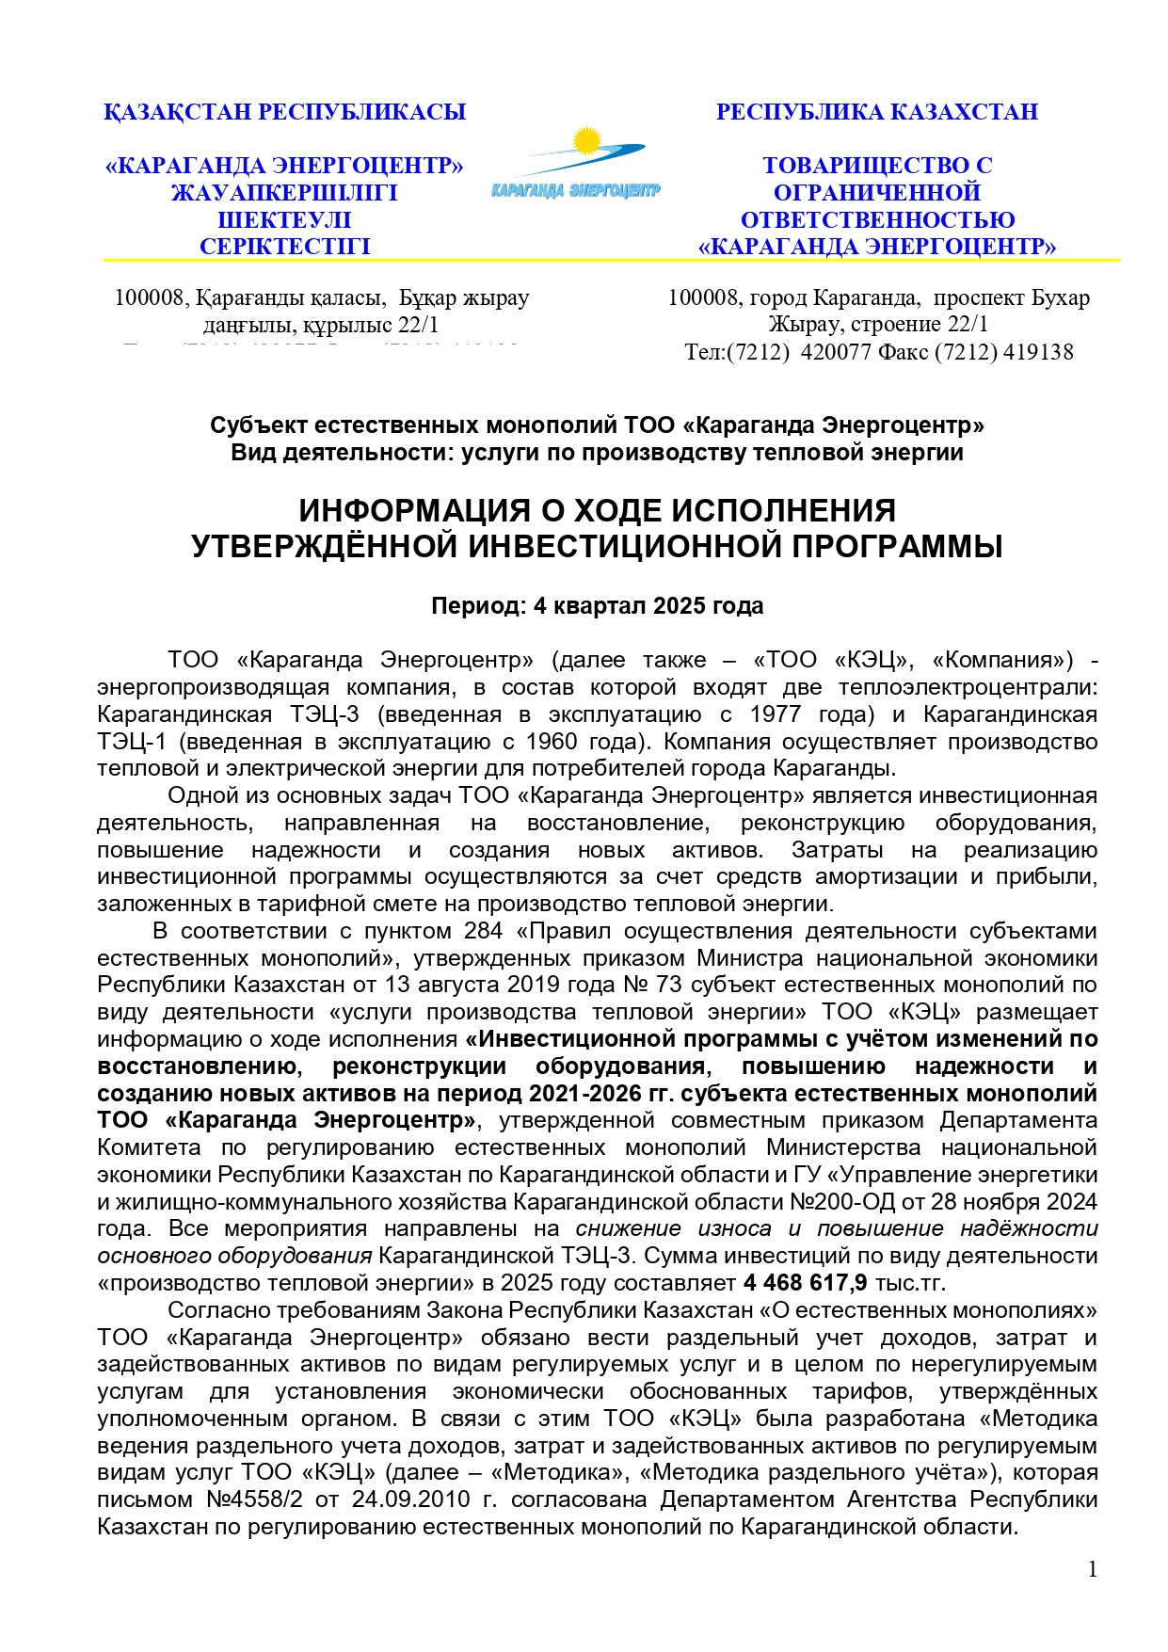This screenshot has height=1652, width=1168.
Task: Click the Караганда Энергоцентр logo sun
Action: pos(586,142)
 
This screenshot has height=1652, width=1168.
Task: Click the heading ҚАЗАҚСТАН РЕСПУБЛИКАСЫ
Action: pos(284,112)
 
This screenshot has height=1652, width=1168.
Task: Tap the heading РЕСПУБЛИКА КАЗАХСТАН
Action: pos(876,112)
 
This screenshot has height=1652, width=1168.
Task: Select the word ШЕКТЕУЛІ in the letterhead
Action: pos(284,220)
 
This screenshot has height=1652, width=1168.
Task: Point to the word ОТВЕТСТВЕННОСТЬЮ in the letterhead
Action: pos(877,220)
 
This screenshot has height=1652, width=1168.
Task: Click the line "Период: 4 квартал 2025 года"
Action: pos(597,606)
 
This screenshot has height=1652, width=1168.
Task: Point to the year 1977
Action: pos(776,714)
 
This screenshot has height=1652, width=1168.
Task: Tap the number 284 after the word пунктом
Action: pos(484,932)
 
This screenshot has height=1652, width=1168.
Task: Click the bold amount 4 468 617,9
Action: pos(805,1283)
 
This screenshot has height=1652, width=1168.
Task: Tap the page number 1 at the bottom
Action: pos(1092,1569)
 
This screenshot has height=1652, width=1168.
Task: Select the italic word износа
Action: pos(734,1229)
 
